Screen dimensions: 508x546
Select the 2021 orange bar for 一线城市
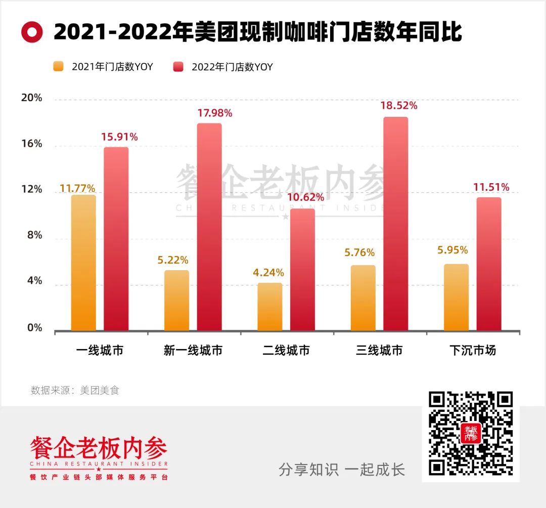(83, 263)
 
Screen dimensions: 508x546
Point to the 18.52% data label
(399, 106)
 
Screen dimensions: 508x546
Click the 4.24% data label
(268, 273)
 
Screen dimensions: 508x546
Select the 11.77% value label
(77, 189)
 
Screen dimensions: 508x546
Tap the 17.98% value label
(214, 113)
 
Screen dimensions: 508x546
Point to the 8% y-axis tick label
(34, 236)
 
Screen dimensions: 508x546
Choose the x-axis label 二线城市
(286, 350)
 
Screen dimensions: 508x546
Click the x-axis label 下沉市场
(473, 350)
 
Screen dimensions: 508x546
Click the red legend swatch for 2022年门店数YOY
(178, 67)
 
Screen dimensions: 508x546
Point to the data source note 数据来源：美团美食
(75, 390)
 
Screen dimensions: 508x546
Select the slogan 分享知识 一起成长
(342, 470)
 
